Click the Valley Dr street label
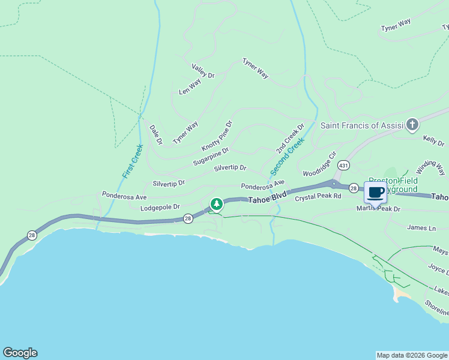point(203,71)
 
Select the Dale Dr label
point(155,135)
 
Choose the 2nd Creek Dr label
point(291,139)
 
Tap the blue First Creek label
point(132,161)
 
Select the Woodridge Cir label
point(317,165)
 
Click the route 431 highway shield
point(343,164)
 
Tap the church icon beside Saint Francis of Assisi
point(412,125)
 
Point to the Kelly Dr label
point(433,141)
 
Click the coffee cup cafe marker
point(376,193)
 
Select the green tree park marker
point(216,204)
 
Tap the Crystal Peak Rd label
point(318,196)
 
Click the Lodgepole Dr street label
point(160,207)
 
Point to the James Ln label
point(421,228)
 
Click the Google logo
point(20,353)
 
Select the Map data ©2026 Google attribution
point(411,355)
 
